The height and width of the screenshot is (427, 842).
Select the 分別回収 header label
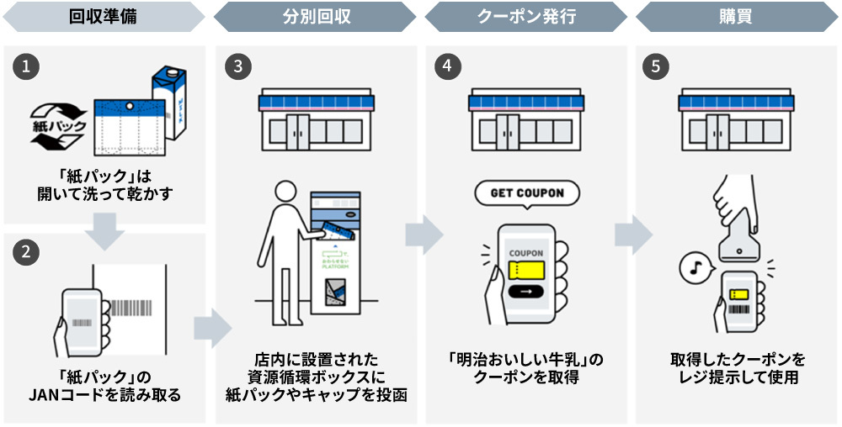315,16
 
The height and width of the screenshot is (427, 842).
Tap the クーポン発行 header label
525,16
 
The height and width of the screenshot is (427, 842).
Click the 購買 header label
736,16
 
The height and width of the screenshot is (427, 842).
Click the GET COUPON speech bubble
526,192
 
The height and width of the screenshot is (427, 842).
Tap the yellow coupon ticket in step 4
526,270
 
